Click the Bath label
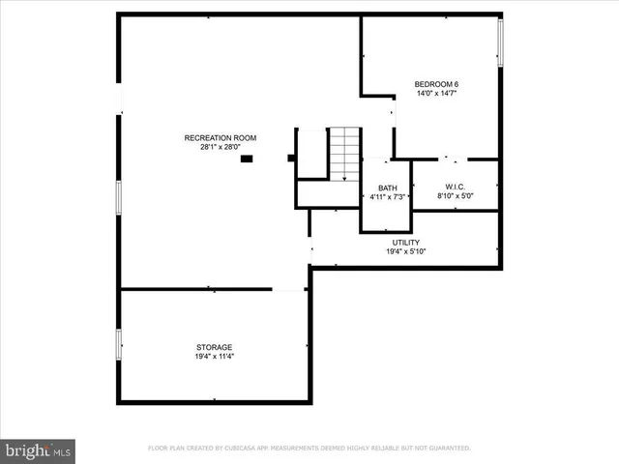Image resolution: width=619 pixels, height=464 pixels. [x=387, y=188]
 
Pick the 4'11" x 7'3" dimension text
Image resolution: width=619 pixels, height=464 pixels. [x=387, y=197]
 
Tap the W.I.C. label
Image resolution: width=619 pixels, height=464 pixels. [x=455, y=187]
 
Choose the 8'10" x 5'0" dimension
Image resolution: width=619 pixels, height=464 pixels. [x=455, y=196]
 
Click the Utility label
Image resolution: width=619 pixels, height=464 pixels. [x=405, y=242]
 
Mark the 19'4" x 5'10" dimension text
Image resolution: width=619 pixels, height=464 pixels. [x=405, y=251]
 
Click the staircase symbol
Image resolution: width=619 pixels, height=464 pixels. [x=343, y=154]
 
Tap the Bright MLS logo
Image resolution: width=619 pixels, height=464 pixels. [x=39, y=449]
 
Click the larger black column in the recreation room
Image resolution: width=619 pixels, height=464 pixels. [x=247, y=159]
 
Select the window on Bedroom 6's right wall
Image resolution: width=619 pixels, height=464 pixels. [x=500, y=43]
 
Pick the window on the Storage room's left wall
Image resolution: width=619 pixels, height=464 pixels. [x=119, y=344]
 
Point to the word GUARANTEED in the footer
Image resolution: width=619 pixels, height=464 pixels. [x=446, y=449]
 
